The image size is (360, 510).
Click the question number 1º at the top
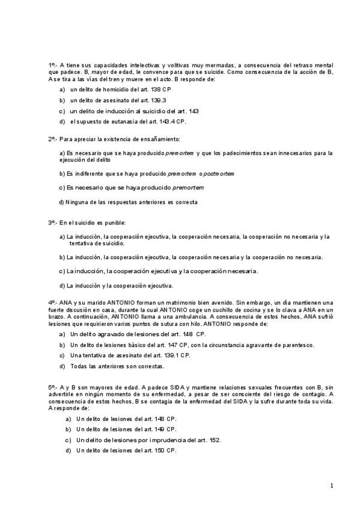click(x=52, y=64)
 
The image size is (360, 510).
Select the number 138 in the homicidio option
click(x=156, y=89)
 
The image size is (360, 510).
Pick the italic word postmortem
click(x=219, y=174)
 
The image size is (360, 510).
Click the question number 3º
click(x=52, y=223)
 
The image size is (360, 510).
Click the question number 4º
click(x=52, y=303)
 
